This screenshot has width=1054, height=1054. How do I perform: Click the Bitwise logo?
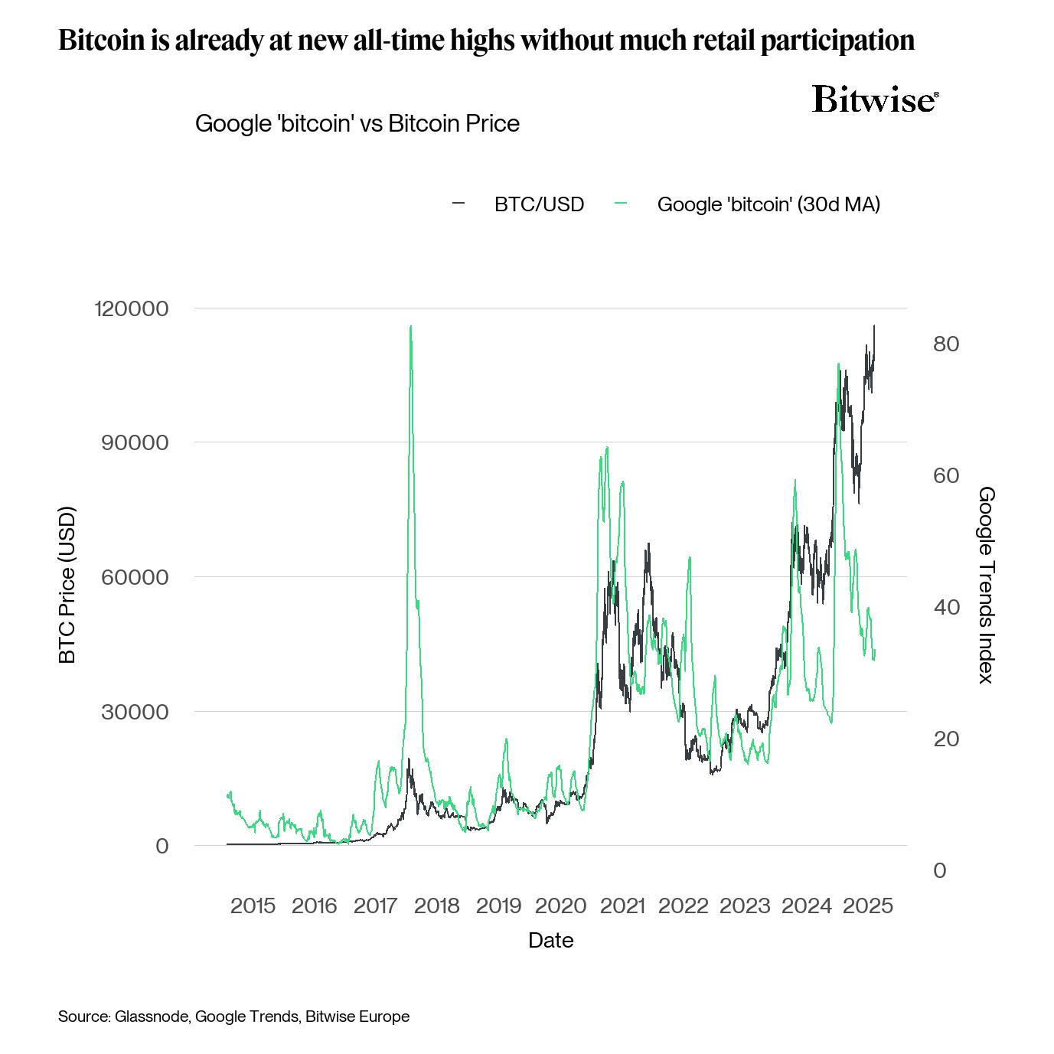[x=875, y=100]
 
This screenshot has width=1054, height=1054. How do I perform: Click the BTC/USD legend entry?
[x=538, y=204]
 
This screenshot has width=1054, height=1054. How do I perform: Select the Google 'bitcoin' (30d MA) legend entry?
[x=768, y=204]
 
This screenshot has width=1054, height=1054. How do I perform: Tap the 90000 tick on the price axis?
[x=135, y=442]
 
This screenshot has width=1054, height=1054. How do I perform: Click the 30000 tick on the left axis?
[x=135, y=712]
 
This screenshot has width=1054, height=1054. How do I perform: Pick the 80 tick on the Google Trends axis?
[x=946, y=344]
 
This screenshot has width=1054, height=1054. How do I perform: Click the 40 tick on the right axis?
[x=946, y=607]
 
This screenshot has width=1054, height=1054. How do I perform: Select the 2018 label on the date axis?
[x=436, y=906]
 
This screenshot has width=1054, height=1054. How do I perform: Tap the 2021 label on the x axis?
[x=622, y=906]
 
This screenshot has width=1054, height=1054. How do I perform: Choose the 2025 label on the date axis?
[x=867, y=906]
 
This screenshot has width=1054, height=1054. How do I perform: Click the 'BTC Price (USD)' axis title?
[x=67, y=585]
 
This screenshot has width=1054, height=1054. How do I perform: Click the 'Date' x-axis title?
[x=550, y=940]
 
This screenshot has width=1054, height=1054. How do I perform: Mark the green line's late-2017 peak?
[x=411, y=326]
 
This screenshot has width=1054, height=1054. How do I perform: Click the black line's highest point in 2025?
[x=874, y=325]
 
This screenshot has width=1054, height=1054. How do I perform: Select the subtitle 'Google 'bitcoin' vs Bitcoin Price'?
[x=357, y=123]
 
